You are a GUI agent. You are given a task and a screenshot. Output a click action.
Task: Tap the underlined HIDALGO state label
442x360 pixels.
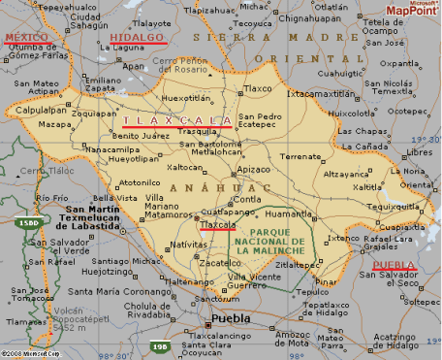click(x=138, y=37)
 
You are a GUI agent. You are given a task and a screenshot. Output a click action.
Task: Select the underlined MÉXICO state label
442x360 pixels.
click(x=25, y=37)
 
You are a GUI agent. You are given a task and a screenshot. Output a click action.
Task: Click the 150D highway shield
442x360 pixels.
click(x=28, y=224)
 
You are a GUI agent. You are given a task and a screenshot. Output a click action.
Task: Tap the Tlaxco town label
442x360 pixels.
click(x=257, y=86)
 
